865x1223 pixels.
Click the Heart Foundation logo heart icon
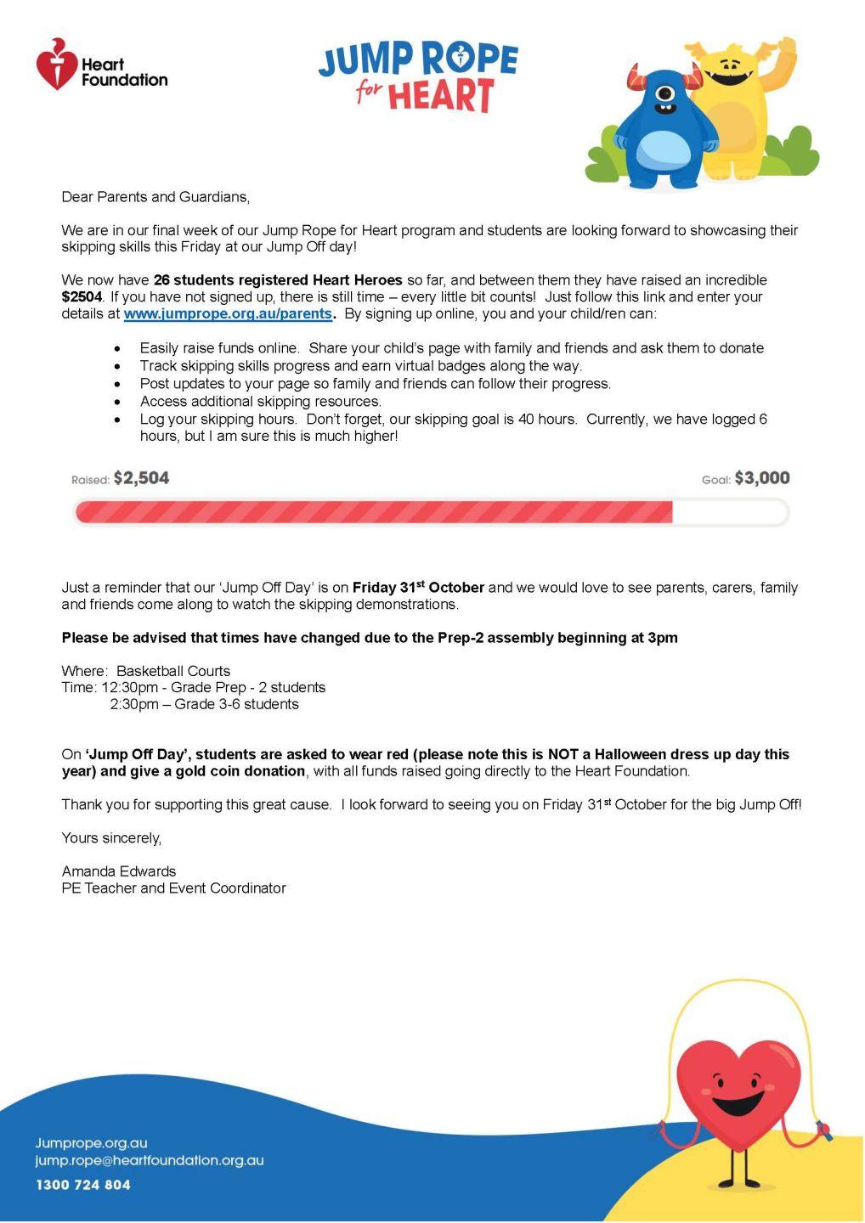tap(57, 65)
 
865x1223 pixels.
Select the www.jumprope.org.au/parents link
tap(228, 313)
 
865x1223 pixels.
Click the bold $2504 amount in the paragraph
tap(82, 297)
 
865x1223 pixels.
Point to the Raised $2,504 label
tap(121, 479)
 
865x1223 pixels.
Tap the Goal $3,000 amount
tap(761, 478)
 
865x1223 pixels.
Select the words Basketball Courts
tap(173, 671)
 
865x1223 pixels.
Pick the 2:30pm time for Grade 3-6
tap(134, 704)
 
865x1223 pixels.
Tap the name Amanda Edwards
tap(119, 871)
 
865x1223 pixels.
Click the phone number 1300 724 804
tap(83, 1185)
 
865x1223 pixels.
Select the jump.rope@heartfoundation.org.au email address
tap(150, 1160)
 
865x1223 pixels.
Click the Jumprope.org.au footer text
tap(91, 1143)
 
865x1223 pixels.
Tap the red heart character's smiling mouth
tap(736, 1104)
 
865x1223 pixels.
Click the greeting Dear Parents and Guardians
tap(155, 197)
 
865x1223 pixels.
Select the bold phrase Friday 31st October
tap(418, 588)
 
